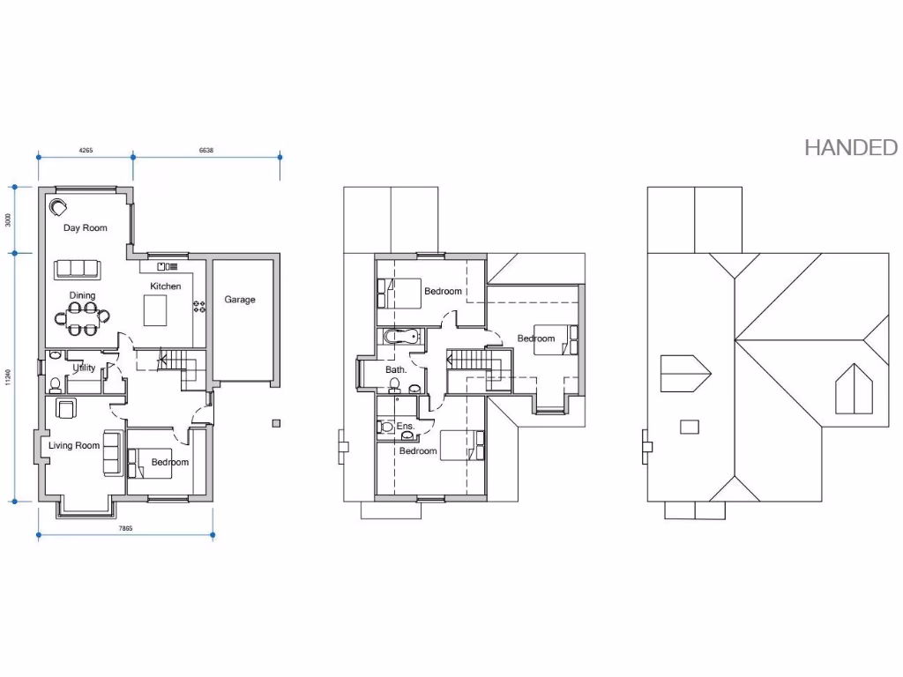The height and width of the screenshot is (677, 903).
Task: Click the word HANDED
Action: [x=850, y=147]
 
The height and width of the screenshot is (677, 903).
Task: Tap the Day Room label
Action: [x=85, y=228]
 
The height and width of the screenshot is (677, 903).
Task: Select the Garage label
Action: [x=239, y=300]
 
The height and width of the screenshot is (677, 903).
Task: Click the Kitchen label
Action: [x=165, y=286]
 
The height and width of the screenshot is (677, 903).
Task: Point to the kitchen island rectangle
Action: [x=156, y=309]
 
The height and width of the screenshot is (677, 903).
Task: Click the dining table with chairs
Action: [x=84, y=318]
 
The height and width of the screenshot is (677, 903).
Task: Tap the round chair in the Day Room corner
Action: [x=59, y=208]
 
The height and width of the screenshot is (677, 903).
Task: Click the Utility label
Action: [x=84, y=368]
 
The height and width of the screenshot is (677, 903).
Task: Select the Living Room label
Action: [x=74, y=446]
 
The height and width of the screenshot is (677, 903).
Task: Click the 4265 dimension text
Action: [x=86, y=151]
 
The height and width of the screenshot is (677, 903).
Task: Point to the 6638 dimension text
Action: [x=205, y=151]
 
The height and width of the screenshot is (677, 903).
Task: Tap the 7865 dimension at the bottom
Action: [x=125, y=528]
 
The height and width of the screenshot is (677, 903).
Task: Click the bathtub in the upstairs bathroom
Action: [x=404, y=336]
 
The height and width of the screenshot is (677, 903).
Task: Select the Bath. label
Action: [x=396, y=370]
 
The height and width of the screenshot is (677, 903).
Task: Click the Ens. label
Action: [x=405, y=426]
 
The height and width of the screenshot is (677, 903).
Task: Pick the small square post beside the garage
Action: [x=276, y=421]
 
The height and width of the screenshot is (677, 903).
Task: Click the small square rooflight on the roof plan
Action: [x=689, y=427]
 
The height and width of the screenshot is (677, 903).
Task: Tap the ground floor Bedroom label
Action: [x=169, y=463]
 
